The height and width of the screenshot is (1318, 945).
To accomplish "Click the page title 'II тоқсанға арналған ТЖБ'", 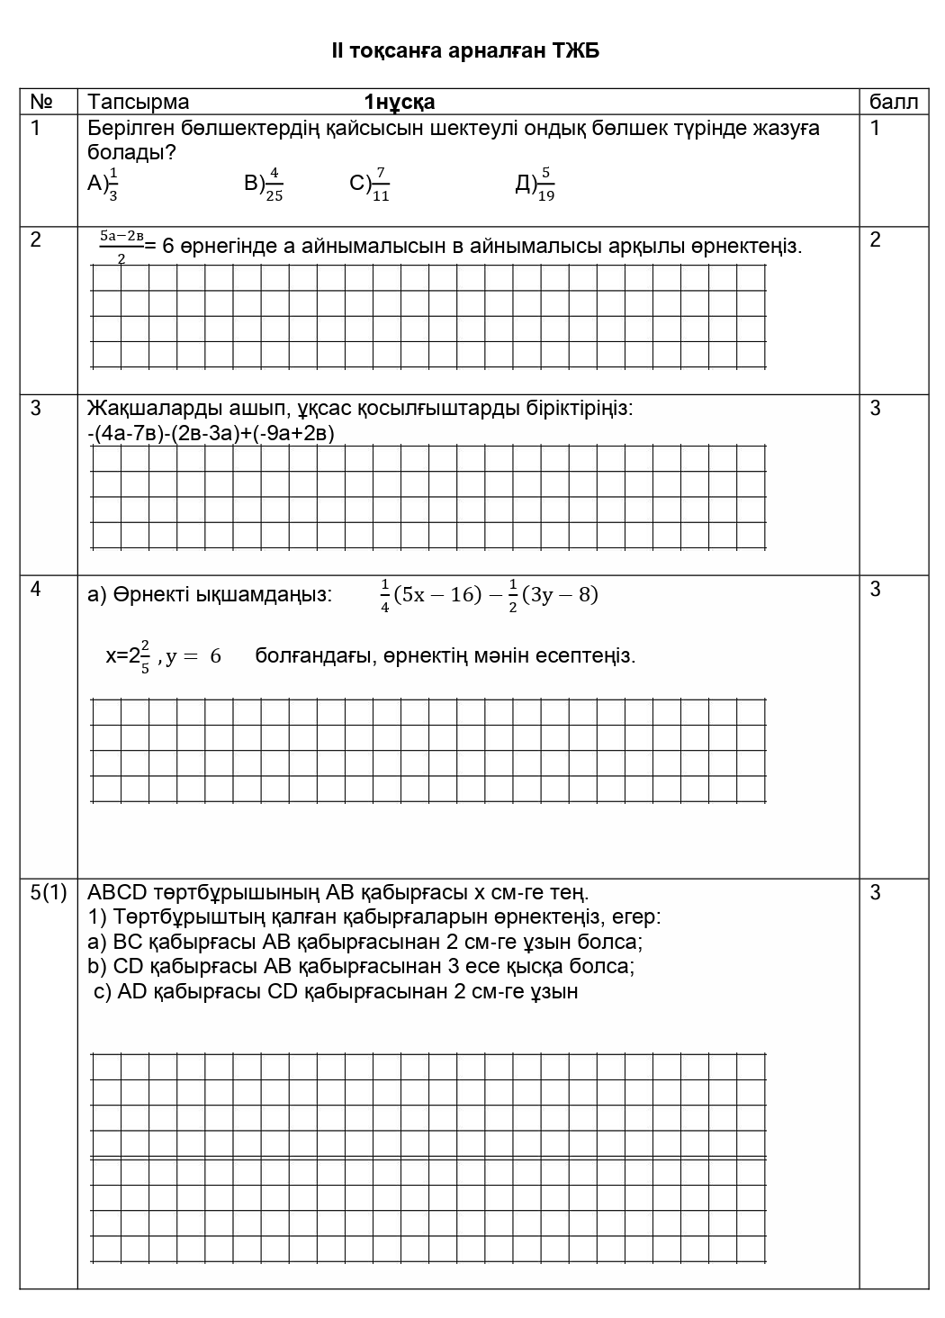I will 465,51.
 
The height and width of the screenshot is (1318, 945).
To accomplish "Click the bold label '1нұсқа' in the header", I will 400,102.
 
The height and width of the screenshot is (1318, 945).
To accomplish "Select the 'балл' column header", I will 894,102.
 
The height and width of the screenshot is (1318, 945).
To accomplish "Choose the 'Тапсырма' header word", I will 139,102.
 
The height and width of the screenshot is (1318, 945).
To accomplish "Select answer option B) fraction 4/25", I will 264,184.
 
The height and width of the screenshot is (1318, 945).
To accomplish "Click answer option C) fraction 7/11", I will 370,184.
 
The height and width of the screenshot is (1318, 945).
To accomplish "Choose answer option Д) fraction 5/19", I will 535,184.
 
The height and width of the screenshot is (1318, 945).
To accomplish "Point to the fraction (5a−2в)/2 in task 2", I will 121,245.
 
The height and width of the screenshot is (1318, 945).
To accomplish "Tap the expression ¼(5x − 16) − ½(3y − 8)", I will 489,595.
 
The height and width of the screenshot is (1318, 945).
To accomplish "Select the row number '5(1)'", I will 49,892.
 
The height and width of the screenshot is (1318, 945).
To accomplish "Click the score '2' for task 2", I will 876,239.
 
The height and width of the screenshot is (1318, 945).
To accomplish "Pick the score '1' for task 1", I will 876,128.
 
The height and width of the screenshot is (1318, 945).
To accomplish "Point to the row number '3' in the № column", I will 36,409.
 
